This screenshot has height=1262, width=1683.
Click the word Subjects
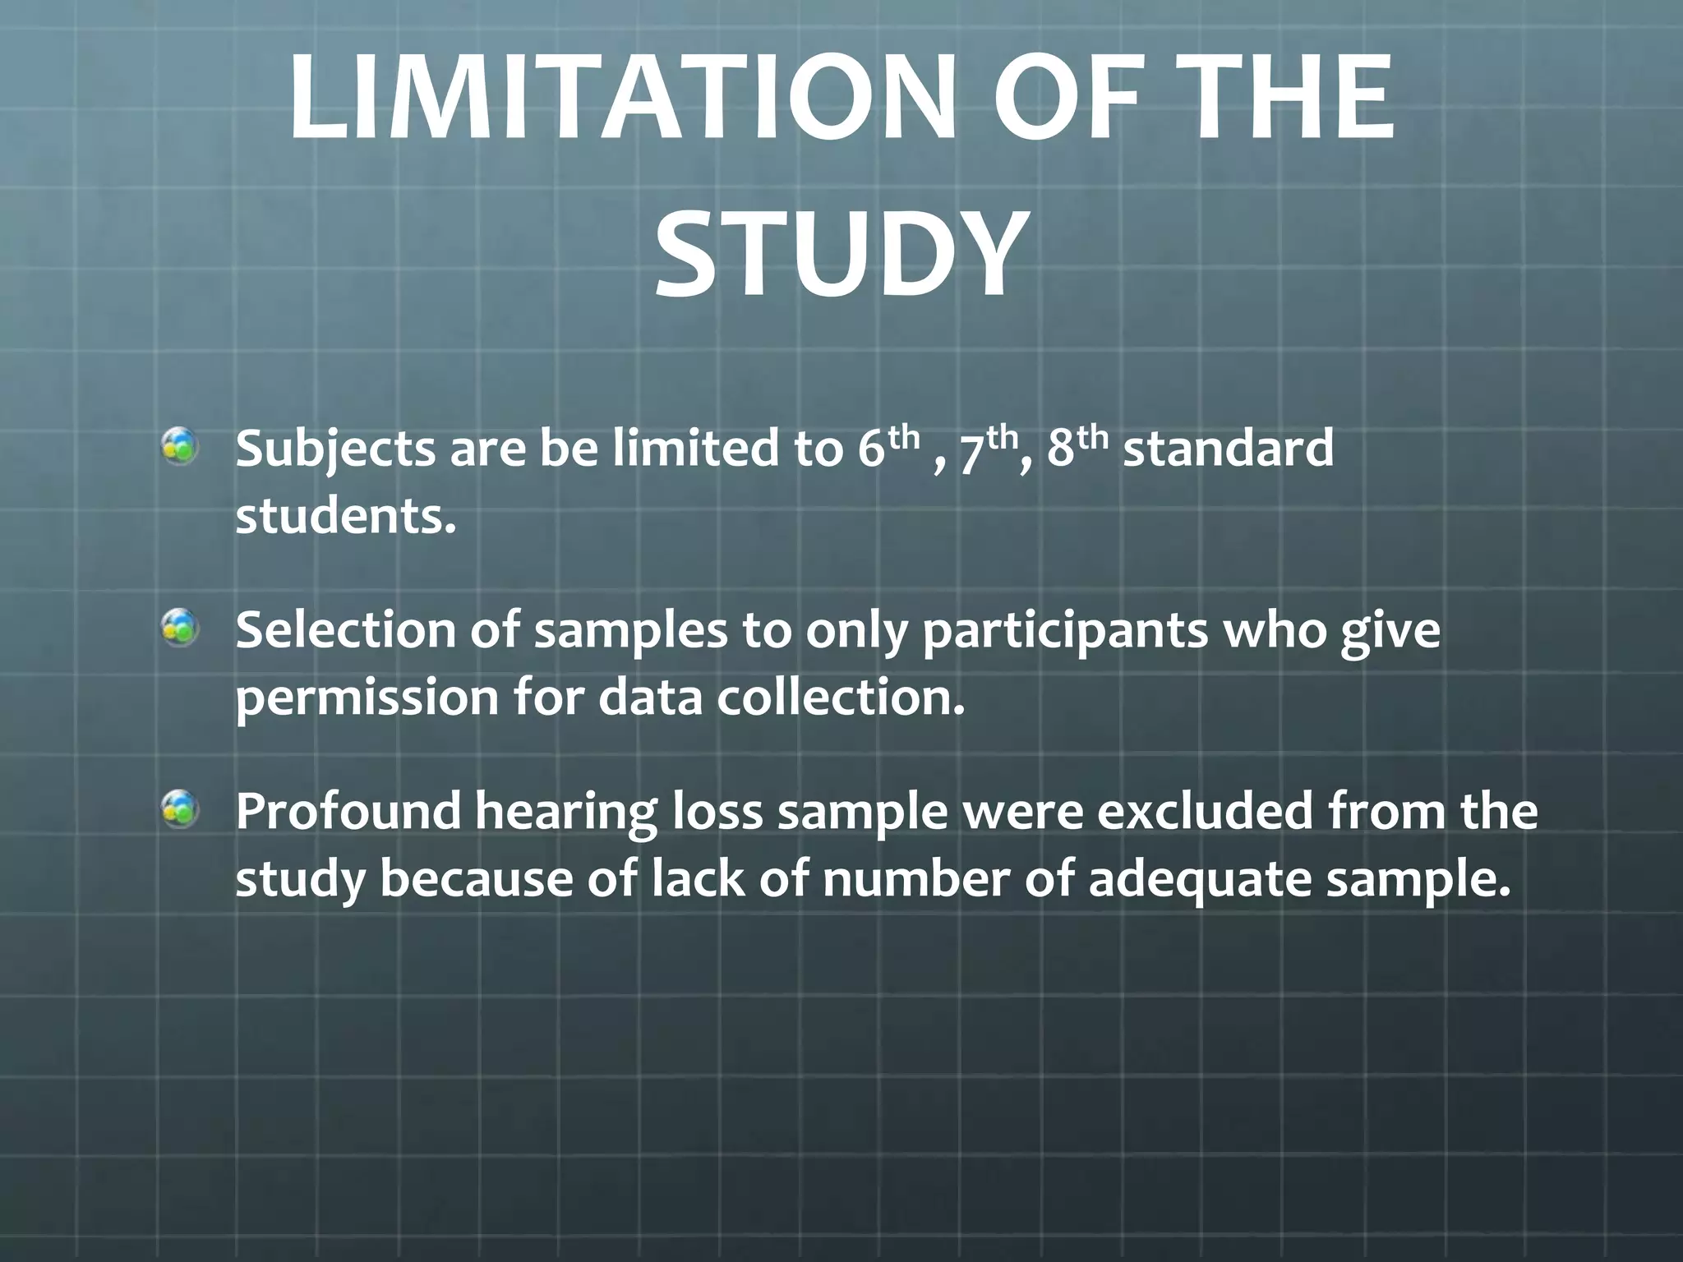point(335,450)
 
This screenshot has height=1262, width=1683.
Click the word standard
point(1228,450)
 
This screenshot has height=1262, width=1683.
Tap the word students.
point(345,518)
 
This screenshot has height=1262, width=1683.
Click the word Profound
point(348,812)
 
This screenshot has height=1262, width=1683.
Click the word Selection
point(345,631)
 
